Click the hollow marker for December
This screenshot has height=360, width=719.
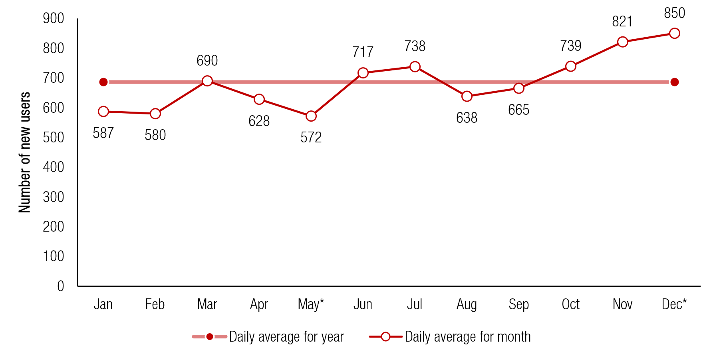point(674,33)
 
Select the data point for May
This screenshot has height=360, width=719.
point(311,116)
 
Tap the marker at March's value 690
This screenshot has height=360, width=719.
point(207,81)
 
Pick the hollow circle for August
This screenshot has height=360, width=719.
point(467,96)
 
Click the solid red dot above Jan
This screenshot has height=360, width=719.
point(103,82)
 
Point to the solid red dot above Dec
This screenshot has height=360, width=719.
point(674,82)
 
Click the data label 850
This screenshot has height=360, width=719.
point(674,13)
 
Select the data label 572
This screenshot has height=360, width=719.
point(311,138)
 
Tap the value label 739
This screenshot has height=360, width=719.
point(570,46)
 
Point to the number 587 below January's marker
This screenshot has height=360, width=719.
point(103,133)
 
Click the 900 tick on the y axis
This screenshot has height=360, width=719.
point(54,18)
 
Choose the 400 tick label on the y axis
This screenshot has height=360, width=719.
point(54,167)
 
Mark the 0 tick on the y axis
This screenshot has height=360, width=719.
point(60,286)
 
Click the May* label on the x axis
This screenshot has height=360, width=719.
point(311,304)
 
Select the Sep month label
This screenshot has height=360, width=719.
point(518,304)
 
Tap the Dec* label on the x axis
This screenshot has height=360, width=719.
point(674,304)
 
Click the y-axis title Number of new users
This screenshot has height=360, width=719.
point(25,152)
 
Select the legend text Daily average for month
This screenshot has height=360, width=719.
point(467,337)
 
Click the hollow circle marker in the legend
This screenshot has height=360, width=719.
point(385,337)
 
